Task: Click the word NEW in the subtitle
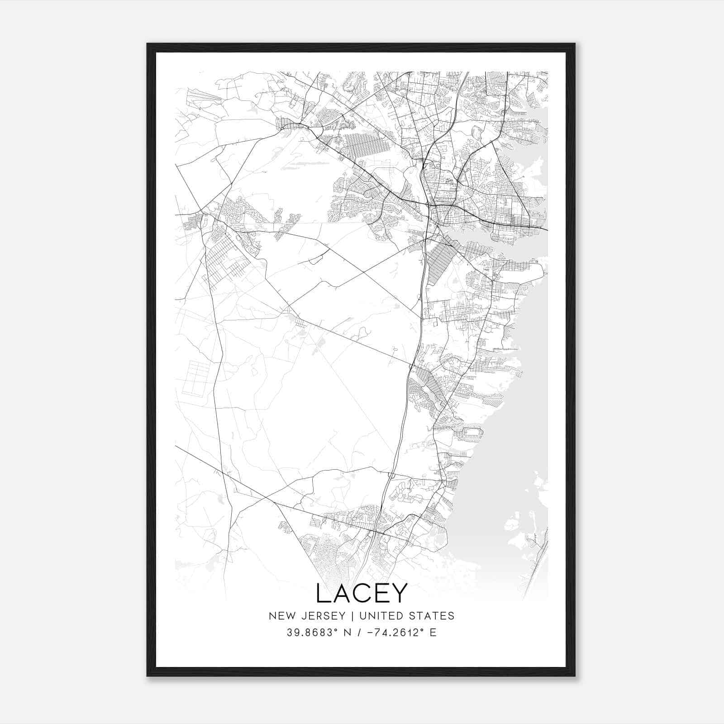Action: click(x=280, y=616)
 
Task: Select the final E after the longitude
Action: click(x=433, y=633)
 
